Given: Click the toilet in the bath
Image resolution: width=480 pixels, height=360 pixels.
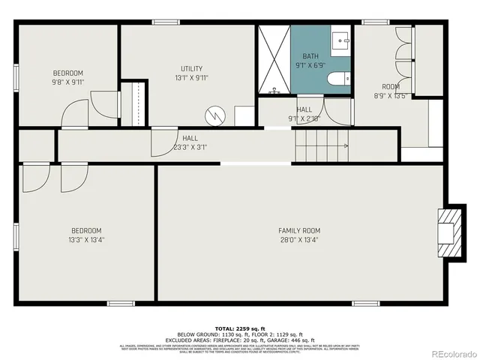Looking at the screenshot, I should point(338,78).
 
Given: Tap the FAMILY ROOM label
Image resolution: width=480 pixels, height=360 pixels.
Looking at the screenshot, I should point(299,230).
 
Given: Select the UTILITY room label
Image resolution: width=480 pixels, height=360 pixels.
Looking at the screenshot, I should point(191,68).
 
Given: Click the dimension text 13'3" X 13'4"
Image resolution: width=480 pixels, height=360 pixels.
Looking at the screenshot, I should point(86,240).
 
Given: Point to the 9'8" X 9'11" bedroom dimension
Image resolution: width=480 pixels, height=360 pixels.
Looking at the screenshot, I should point(67,82).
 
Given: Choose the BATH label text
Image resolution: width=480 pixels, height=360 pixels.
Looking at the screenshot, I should point(310,56).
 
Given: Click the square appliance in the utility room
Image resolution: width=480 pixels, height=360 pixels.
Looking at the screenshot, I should point(244,116).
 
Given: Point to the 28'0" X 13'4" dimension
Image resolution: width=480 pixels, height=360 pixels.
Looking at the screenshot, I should point(299,240).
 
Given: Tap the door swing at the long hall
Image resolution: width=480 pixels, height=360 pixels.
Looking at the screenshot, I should point(163,142).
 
